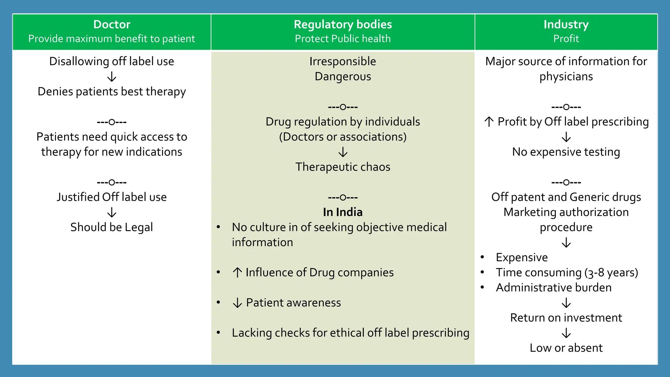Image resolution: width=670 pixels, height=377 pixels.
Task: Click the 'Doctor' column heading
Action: pyautogui.click(x=112, y=25)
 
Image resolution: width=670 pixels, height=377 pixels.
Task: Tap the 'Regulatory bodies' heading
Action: pyautogui.click(x=343, y=25)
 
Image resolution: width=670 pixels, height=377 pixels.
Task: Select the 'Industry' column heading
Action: pyautogui.click(x=566, y=25)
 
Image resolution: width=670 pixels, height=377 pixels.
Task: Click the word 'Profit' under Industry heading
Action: pyautogui.click(x=566, y=39)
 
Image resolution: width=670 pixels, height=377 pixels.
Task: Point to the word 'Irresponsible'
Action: pyautogui.click(x=343, y=62)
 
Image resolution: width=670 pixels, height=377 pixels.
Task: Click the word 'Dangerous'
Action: pyautogui.click(x=343, y=77)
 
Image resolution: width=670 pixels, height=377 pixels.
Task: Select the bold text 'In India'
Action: pyautogui.click(x=343, y=212)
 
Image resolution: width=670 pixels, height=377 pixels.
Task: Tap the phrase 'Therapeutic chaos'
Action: pyautogui.click(x=343, y=167)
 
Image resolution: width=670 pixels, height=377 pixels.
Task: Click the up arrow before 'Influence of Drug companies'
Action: pyautogui.click(x=237, y=272)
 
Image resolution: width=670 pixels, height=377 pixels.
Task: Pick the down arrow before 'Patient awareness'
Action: pyautogui.click(x=237, y=303)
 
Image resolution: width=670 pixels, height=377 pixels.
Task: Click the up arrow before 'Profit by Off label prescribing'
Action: pyautogui.click(x=489, y=122)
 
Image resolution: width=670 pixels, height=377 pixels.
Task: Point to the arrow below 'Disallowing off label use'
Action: pyautogui.click(x=112, y=77)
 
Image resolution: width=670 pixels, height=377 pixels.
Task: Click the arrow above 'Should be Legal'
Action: pyautogui.click(x=112, y=212)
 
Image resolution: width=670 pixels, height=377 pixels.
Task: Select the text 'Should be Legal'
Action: pyautogui.click(x=112, y=227)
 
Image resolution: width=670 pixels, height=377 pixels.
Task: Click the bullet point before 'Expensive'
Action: pyautogui.click(x=482, y=257)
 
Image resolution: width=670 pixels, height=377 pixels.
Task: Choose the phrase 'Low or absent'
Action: pyautogui.click(x=566, y=348)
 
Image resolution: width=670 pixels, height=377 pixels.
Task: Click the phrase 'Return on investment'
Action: pyautogui.click(x=566, y=318)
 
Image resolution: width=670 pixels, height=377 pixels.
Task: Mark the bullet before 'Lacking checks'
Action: pyautogui.click(x=218, y=333)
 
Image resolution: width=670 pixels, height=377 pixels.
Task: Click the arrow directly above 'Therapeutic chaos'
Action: pyautogui.click(x=343, y=152)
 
